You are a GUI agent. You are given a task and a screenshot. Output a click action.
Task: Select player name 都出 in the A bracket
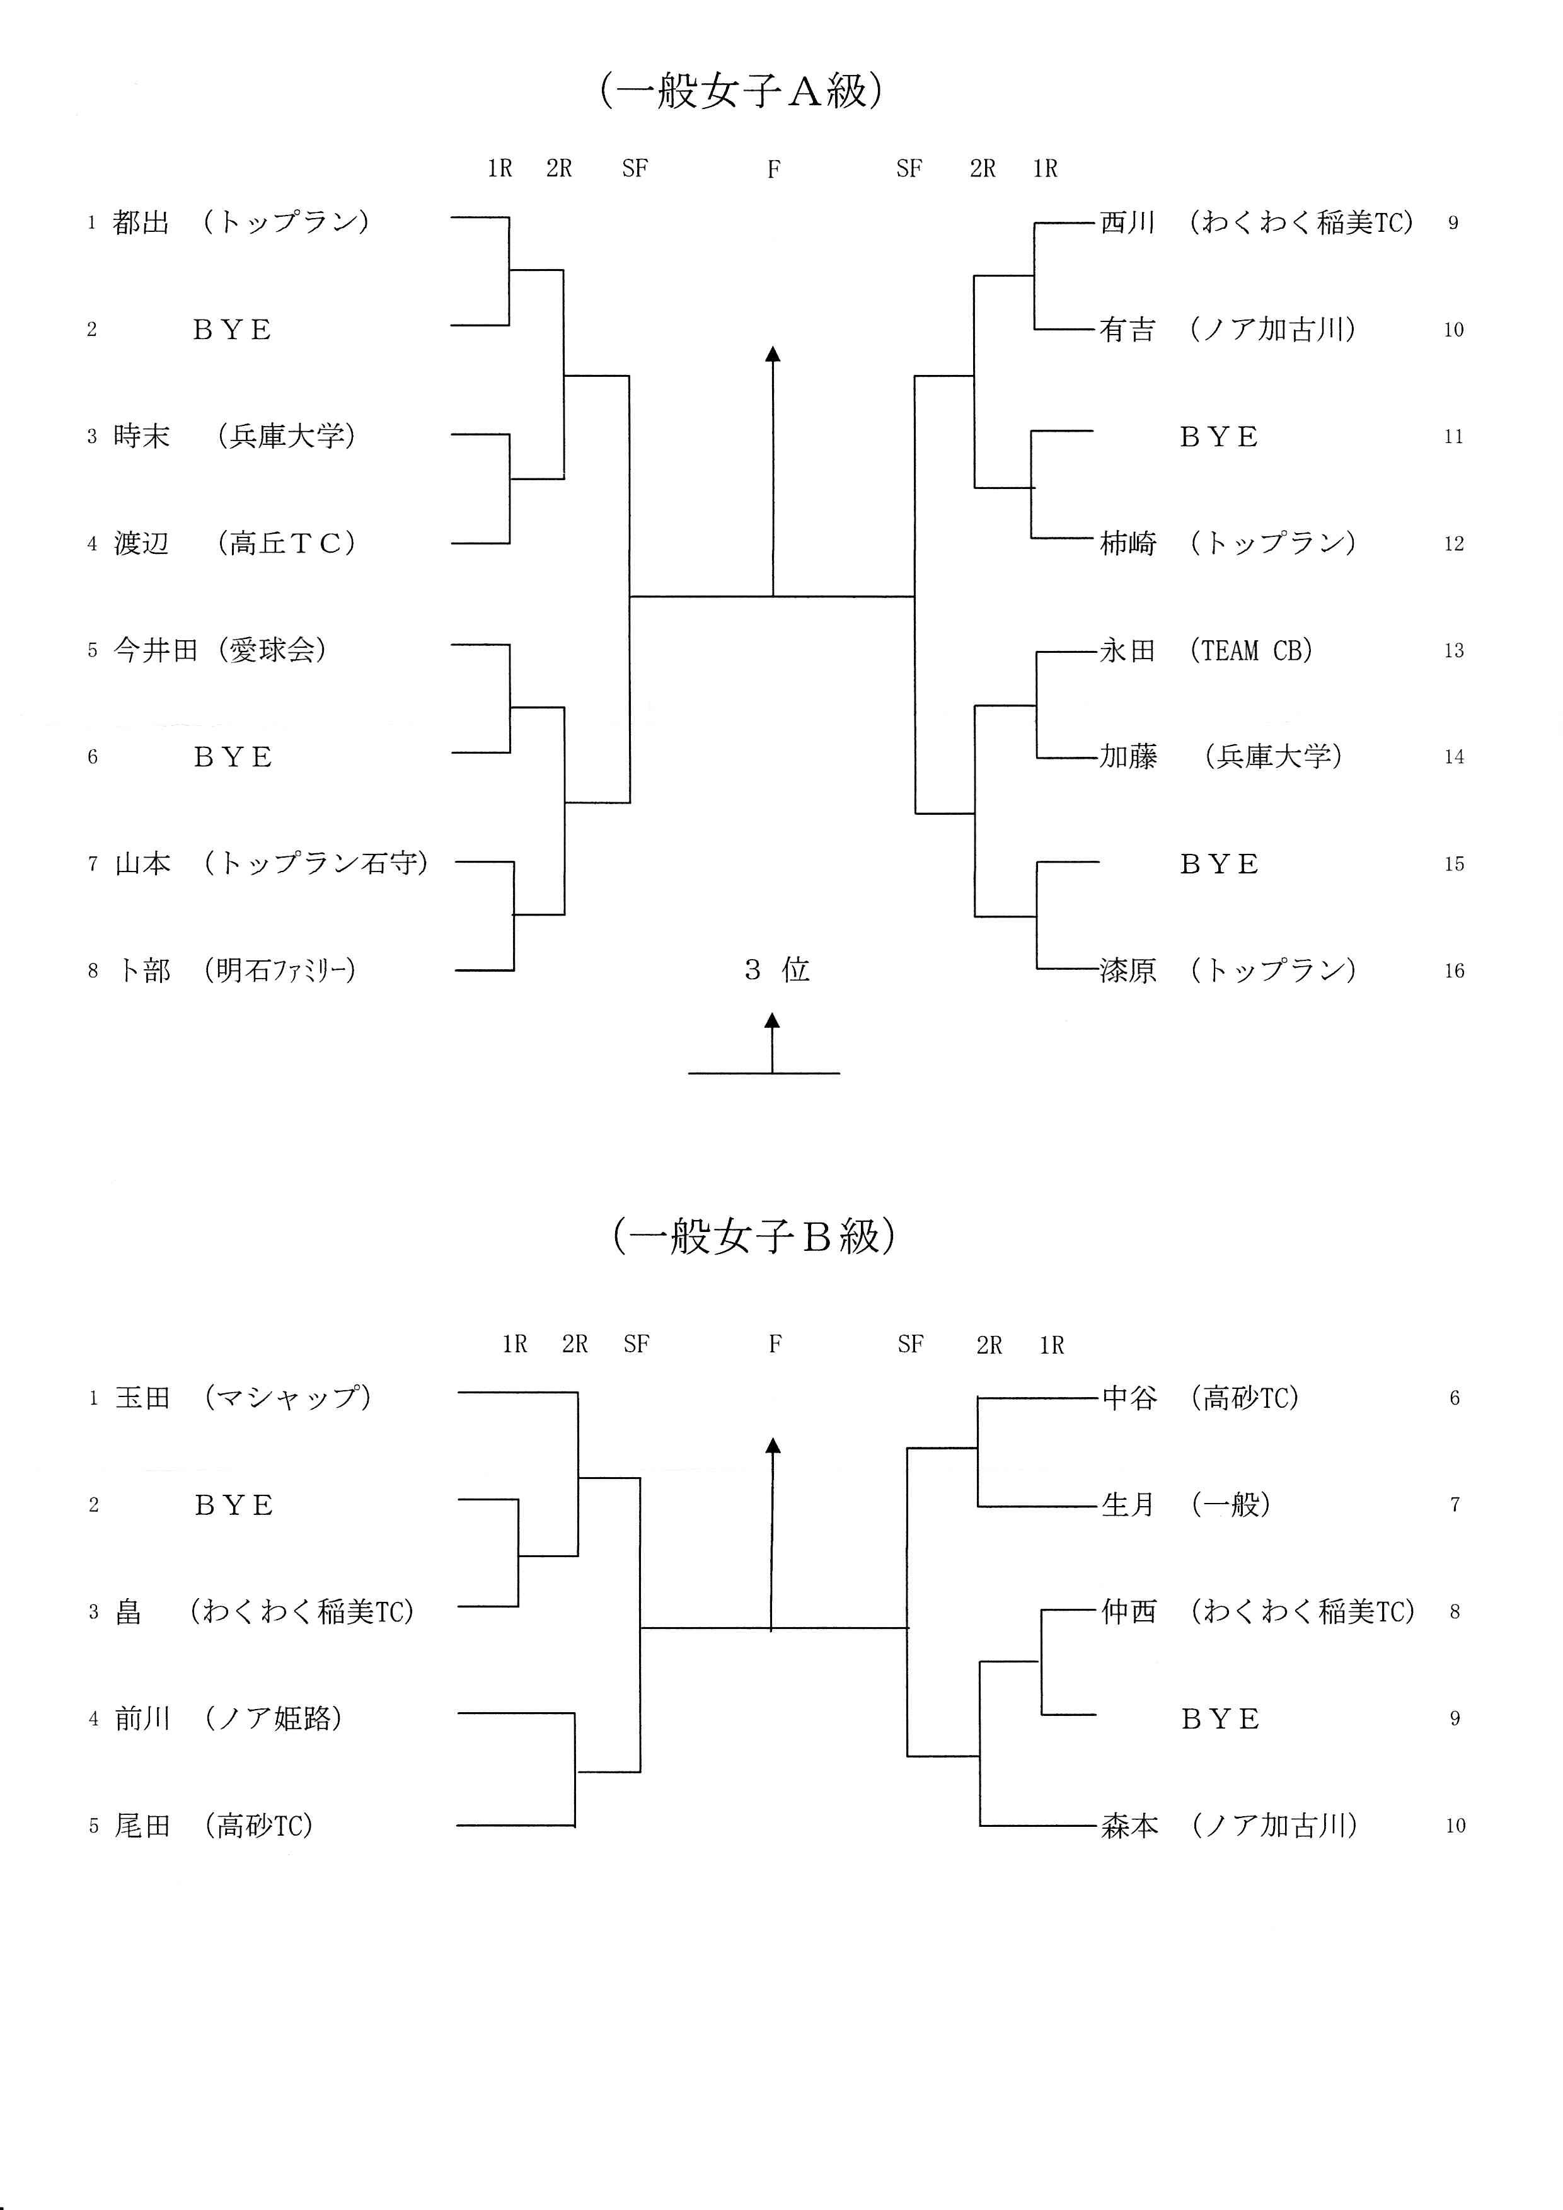141,222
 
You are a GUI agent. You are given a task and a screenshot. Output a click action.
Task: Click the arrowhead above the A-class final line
772,354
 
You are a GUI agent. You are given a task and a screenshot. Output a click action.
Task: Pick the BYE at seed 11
1218,437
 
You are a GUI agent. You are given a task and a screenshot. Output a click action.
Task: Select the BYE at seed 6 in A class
233,757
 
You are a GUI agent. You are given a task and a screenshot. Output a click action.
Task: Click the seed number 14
1453,757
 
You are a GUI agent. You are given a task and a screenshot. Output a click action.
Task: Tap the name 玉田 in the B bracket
142,1398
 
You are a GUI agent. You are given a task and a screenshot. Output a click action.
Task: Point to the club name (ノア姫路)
274,1718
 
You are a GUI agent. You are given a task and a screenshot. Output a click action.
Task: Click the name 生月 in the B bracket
1128,1504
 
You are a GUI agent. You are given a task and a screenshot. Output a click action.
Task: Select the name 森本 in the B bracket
1129,1825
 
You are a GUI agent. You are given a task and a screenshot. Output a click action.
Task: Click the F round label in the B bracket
775,1344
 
